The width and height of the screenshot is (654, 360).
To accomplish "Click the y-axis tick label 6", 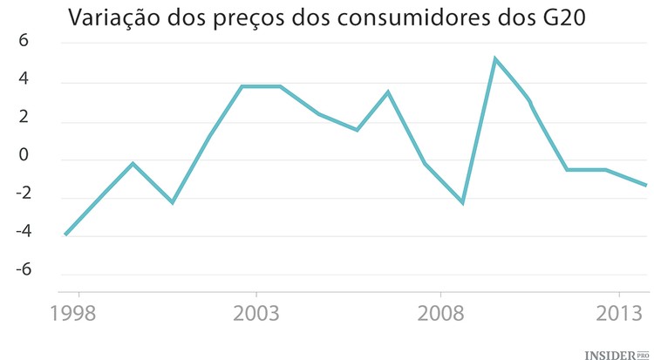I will point(24,42).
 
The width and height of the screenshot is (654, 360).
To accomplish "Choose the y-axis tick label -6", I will point(21,270).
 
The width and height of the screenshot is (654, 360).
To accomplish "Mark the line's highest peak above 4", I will point(495,59).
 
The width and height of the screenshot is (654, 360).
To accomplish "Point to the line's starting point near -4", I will point(65,234).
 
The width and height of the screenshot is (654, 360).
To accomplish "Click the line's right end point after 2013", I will point(646,185).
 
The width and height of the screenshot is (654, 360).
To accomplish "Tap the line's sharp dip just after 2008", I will point(462,203).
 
